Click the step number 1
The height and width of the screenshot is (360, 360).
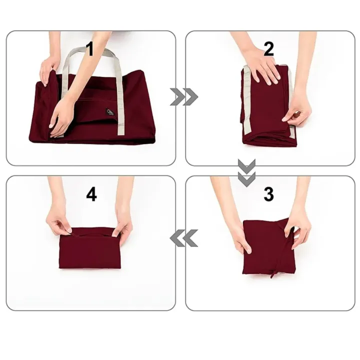[x=90, y=48]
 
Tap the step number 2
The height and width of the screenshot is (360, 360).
[x=269, y=49]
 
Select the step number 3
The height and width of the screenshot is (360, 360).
[x=268, y=194]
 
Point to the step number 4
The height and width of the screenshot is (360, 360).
[x=91, y=194]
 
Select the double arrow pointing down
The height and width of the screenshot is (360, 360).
[x=246, y=172]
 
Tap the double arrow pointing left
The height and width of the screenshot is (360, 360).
[x=183, y=239]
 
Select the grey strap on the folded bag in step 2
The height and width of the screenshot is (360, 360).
[x=245, y=100]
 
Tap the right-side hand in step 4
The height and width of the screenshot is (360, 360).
[x=121, y=228]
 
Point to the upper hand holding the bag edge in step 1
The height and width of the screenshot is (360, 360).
[x=49, y=67]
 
